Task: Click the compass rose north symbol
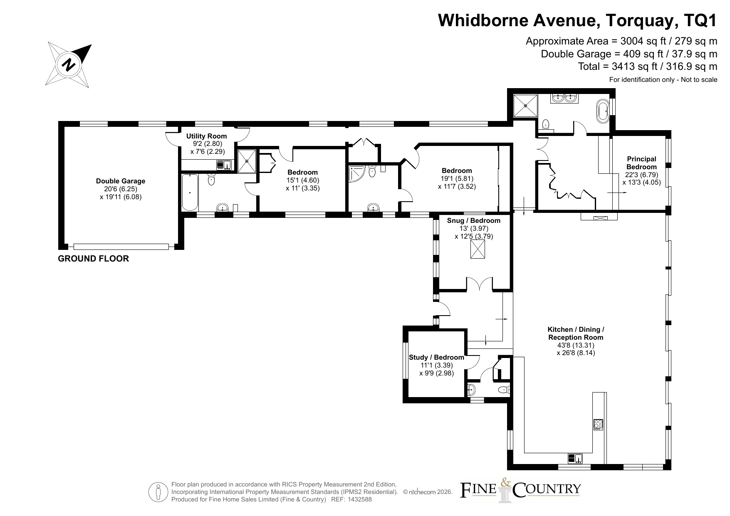click(x=69, y=64)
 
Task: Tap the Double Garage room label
click(x=121, y=181)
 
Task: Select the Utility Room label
click(x=206, y=136)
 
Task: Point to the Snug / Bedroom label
click(x=474, y=220)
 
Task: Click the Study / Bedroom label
click(x=436, y=357)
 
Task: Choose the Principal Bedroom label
click(x=641, y=163)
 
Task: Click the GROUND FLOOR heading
click(x=93, y=259)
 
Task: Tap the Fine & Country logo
click(x=520, y=489)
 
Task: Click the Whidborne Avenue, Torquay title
click(x=577, y=20)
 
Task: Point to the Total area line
click(x=648, y=66)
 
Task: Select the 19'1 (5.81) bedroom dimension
click(x=457, y=179)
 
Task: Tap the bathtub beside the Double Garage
click(x=190, y=193)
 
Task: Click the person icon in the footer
click(x=158, y=492)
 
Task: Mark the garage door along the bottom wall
click(x=121, y=247)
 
